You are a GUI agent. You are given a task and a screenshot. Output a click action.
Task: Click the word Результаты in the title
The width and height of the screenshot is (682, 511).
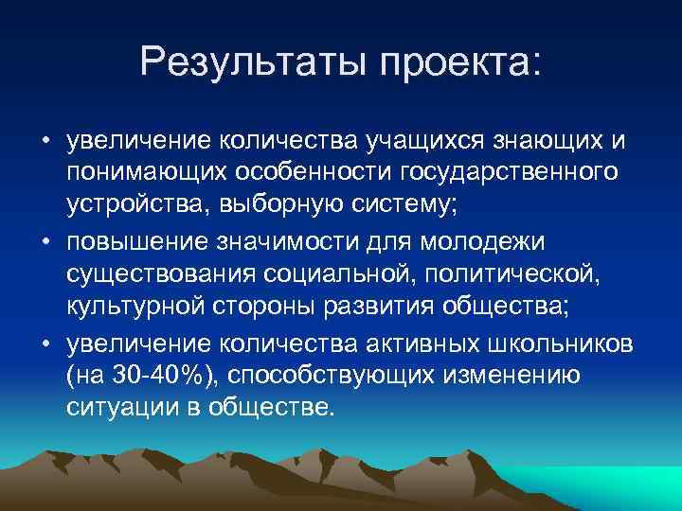tap(250, 63)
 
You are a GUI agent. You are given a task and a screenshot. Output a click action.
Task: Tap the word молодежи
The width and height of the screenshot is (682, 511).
tap(490, 241)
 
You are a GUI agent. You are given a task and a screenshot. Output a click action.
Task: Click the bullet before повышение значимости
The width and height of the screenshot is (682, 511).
tap(45, 242)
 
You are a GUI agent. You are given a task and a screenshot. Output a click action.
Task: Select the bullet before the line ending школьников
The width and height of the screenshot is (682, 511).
tap(45, 342)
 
